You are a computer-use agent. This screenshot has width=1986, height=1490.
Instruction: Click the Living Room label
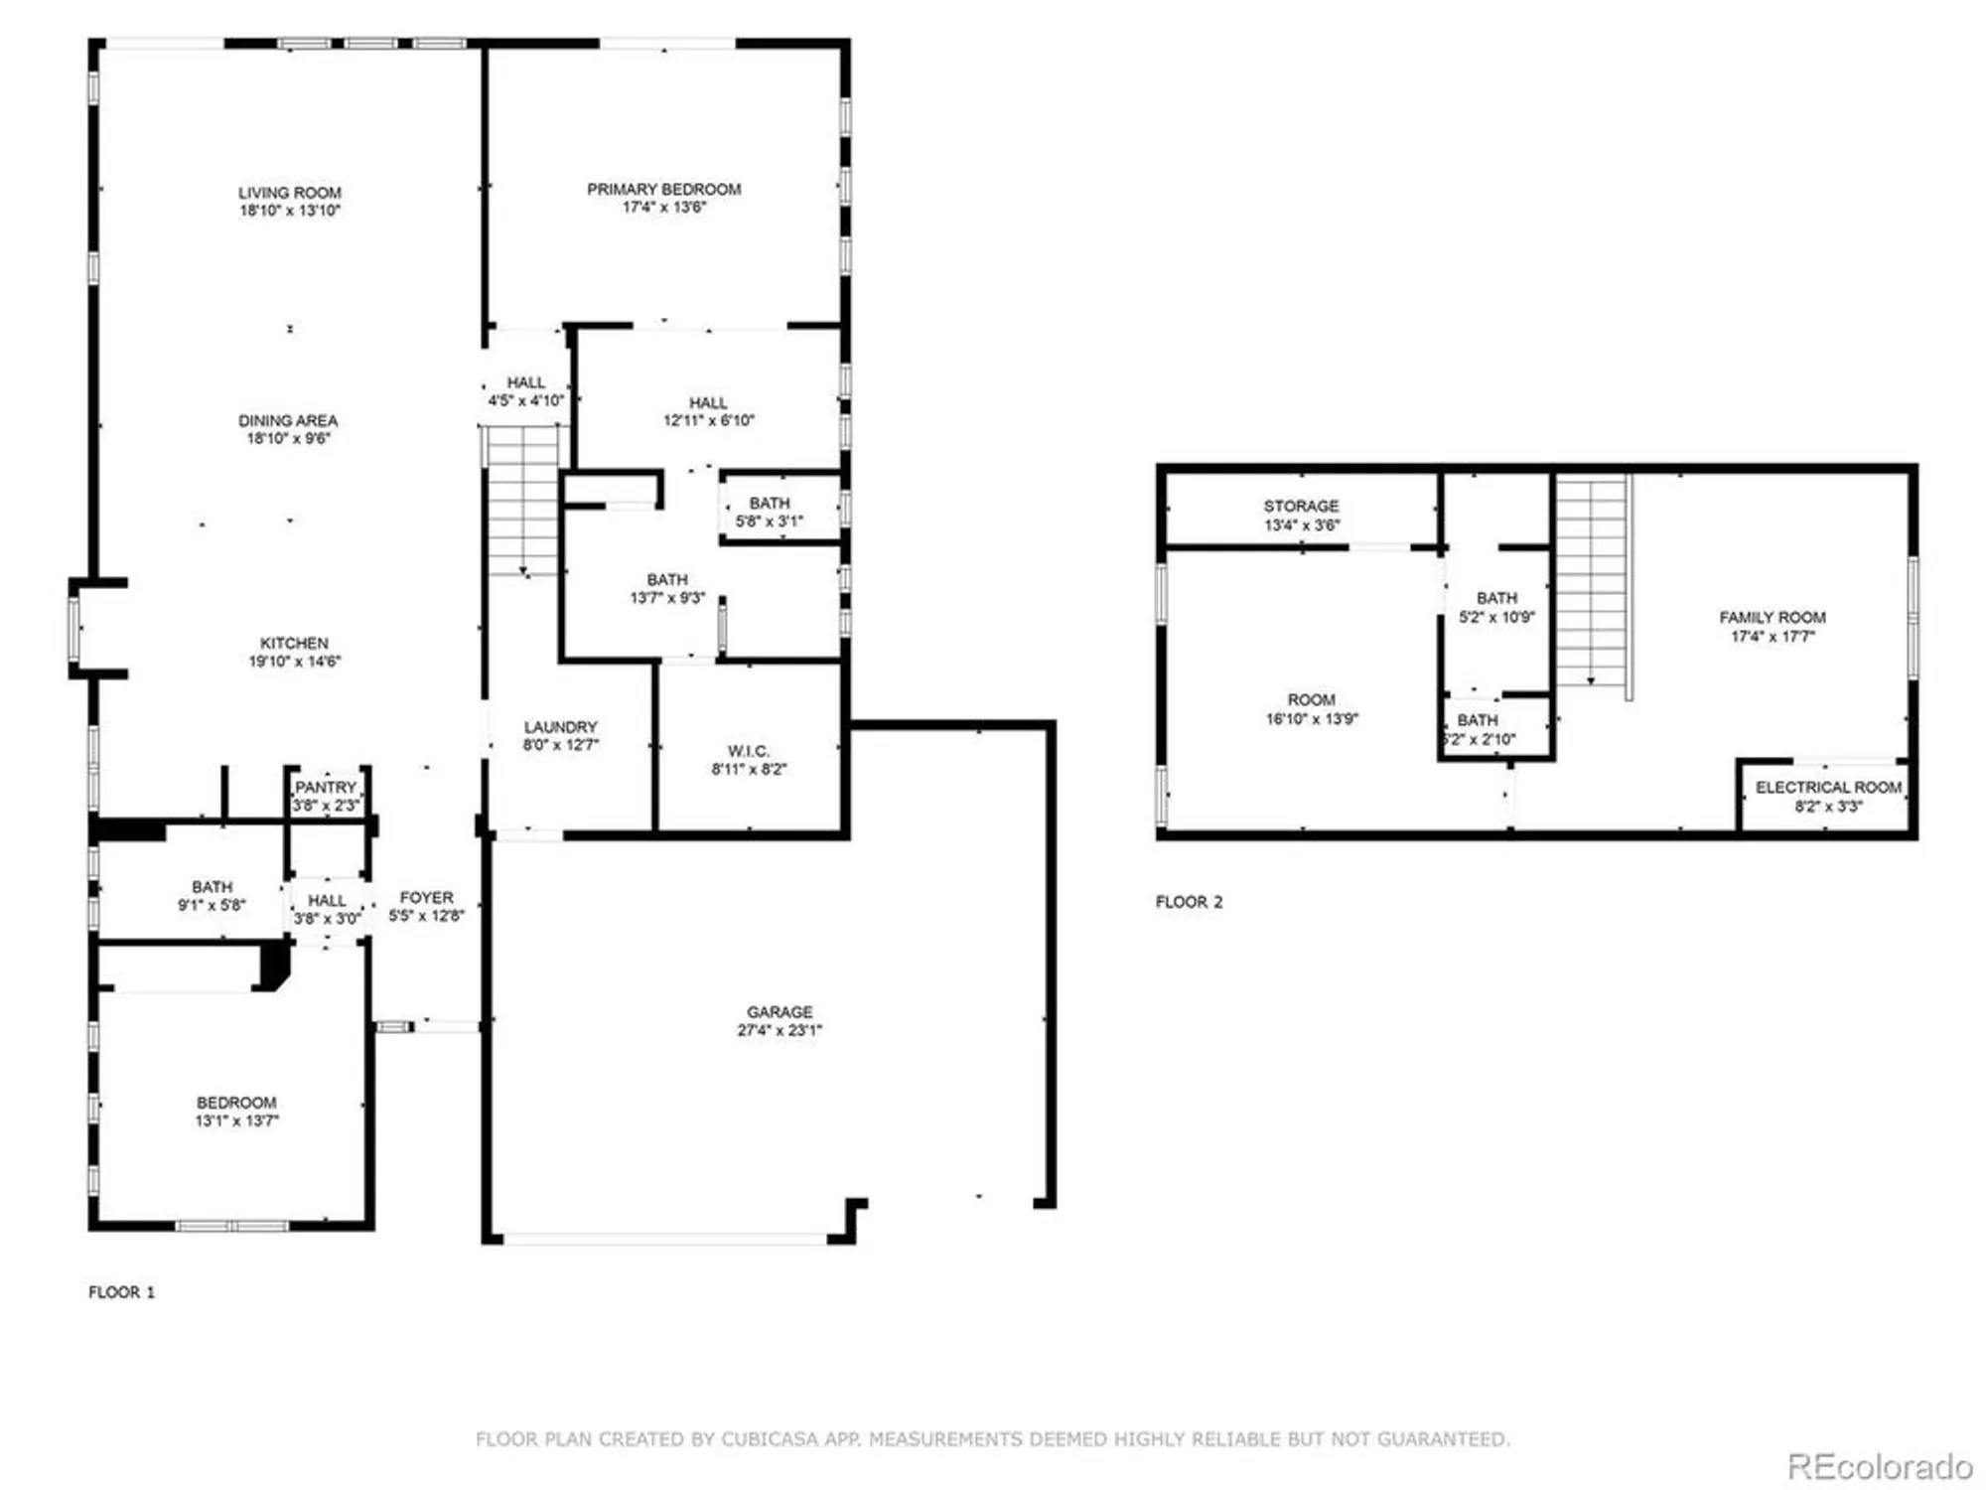point(289,193)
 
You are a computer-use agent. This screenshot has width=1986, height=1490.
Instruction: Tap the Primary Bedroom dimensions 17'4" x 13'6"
point(663,208)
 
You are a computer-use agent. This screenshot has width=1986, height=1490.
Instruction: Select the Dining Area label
point(288,420)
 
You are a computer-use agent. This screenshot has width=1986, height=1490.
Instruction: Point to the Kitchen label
point(294,644)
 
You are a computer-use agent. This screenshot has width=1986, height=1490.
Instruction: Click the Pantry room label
point(326,788)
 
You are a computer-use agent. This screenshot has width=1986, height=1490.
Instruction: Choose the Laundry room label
point(560,727)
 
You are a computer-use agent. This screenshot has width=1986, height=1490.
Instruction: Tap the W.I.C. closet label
point(748,751)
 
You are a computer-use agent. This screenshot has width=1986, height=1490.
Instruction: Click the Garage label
point(780,1012)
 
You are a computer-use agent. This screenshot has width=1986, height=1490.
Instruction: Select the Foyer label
point(426,897)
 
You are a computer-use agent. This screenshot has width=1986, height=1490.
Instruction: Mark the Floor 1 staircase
point(523,502)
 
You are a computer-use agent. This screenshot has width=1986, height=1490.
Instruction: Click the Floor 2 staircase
point(1591,581)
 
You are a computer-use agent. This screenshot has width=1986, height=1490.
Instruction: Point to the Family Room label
point(1773,617)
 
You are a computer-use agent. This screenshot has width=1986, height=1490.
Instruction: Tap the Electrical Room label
point(1828,788)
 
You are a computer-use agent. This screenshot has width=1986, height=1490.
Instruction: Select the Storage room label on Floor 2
point(1301,507)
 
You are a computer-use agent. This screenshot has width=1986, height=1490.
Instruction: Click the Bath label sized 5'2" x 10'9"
point(1496,598)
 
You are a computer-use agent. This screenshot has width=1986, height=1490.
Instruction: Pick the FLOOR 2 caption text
point(1189,902)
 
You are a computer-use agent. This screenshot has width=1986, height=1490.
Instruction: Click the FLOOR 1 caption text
point(121,1292)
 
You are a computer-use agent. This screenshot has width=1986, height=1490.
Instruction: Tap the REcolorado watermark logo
point(1879,1466)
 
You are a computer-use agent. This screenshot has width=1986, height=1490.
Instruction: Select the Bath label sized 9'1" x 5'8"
point(212,887)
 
